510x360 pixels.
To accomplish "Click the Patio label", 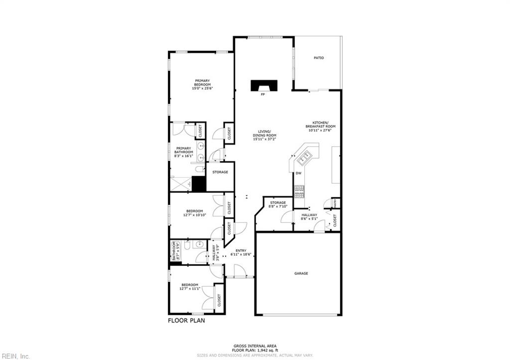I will coord(319,58).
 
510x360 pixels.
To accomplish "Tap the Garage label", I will coord(301,273).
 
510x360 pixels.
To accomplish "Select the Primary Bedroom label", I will coord(202,85).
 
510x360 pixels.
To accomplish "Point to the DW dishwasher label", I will coord(299,173).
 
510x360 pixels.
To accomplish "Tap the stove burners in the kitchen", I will coord(299,191).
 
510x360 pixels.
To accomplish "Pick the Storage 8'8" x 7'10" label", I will coord(278,205).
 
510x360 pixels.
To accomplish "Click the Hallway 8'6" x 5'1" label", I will coord(309,217).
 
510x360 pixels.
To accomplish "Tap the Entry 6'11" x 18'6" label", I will coord(241,252).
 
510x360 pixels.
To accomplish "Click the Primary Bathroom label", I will coord(180,152).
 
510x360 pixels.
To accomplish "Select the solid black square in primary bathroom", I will coord(199,184).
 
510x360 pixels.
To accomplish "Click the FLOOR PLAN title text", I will coord(186,321).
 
